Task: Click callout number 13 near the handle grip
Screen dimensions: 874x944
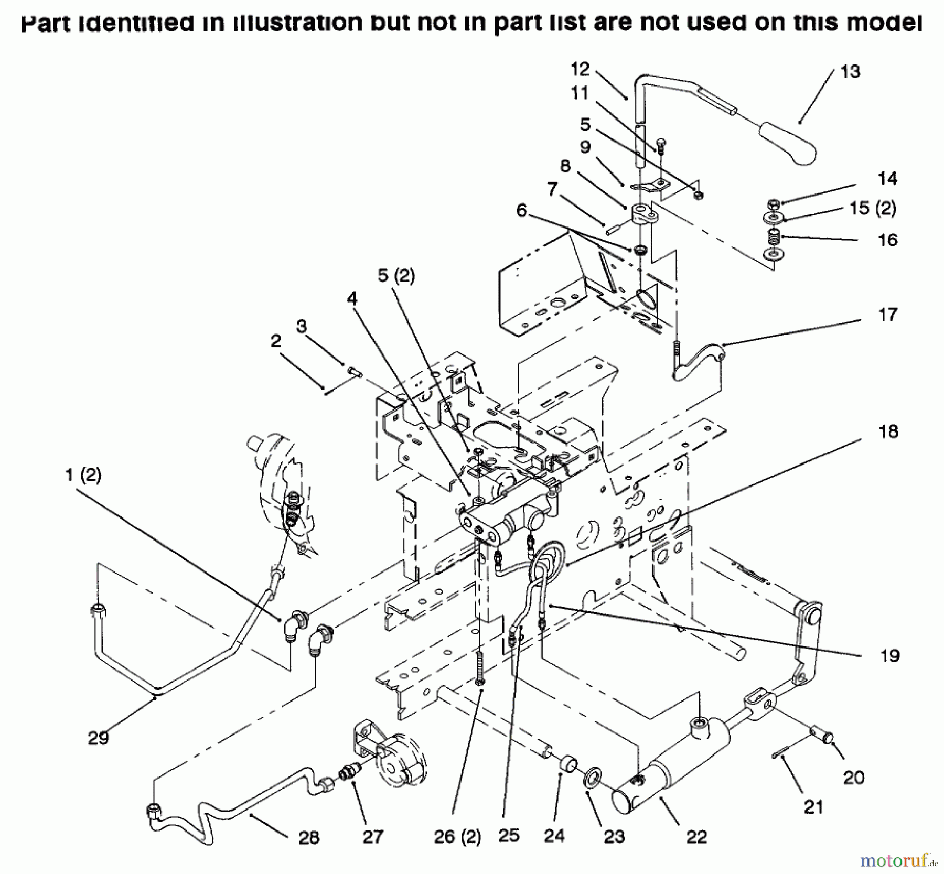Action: (x=850, y=72)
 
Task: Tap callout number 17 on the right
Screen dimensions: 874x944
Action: (x=887, y=315)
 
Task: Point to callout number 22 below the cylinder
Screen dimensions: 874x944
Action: (x=696, y=837)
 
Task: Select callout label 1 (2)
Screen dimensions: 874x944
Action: (x=83, y=475)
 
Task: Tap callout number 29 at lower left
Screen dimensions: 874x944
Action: (x=98, y=738)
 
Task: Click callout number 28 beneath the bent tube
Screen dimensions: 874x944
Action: (x=309, y=837)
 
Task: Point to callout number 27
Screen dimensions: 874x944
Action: (x=373, y=837)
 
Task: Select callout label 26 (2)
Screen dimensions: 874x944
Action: (x=457, y=837)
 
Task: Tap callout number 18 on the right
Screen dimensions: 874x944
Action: (x=888, y=431)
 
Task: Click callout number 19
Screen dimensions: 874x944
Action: (x=889, y=655)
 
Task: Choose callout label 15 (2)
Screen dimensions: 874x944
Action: (x=873, y=208)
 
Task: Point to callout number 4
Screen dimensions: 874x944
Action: (x=352, y=299)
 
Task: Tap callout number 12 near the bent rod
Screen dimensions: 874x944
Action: (x=580, y=69)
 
